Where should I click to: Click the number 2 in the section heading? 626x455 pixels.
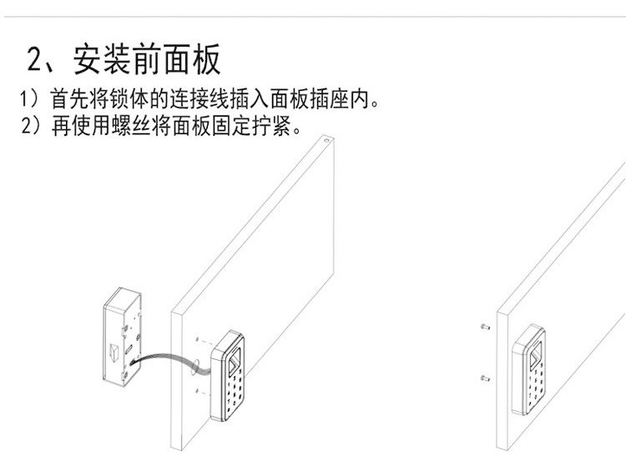pos(36,61)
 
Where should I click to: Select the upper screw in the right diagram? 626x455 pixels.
pos(485,327)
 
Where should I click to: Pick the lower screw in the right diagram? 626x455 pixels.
pos(485,379)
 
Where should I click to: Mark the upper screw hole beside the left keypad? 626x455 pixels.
pos(197,340)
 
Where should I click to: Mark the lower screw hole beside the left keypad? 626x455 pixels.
pos(197,389)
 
